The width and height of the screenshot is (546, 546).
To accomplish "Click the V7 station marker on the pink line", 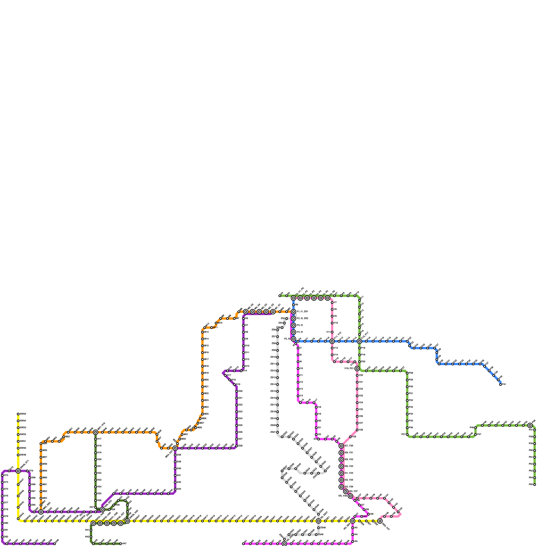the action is (332, 303).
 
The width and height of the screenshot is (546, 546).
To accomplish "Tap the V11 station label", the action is (328, 332).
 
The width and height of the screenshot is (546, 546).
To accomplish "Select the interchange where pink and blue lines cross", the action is (332, 341).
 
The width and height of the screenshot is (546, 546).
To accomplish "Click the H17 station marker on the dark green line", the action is (96, 439).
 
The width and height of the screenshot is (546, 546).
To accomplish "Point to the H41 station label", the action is (87, 530).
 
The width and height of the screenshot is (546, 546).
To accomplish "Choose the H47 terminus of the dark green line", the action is (120, 544).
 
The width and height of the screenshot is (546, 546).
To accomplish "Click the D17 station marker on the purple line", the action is (225, 375).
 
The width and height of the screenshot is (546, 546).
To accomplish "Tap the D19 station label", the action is (238, 385).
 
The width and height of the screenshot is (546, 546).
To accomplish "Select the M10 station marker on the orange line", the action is (216, 323).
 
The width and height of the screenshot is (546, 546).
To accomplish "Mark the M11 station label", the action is (215, 328).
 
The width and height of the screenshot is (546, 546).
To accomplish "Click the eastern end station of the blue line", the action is (501, 385).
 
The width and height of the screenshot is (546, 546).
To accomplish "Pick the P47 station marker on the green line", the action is (475, 434).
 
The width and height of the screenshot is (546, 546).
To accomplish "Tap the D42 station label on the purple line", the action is (179, 482).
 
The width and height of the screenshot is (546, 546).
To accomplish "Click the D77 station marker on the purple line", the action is (2, 503).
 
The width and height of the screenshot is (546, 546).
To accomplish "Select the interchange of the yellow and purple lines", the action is (18, 471).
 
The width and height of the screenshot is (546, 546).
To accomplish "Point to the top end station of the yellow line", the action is (18, 414).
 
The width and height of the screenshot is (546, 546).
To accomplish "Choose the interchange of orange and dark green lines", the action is (96, 432).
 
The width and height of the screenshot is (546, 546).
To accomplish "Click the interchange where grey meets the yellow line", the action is (318, 521).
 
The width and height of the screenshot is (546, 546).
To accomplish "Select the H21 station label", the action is (99, 466).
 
